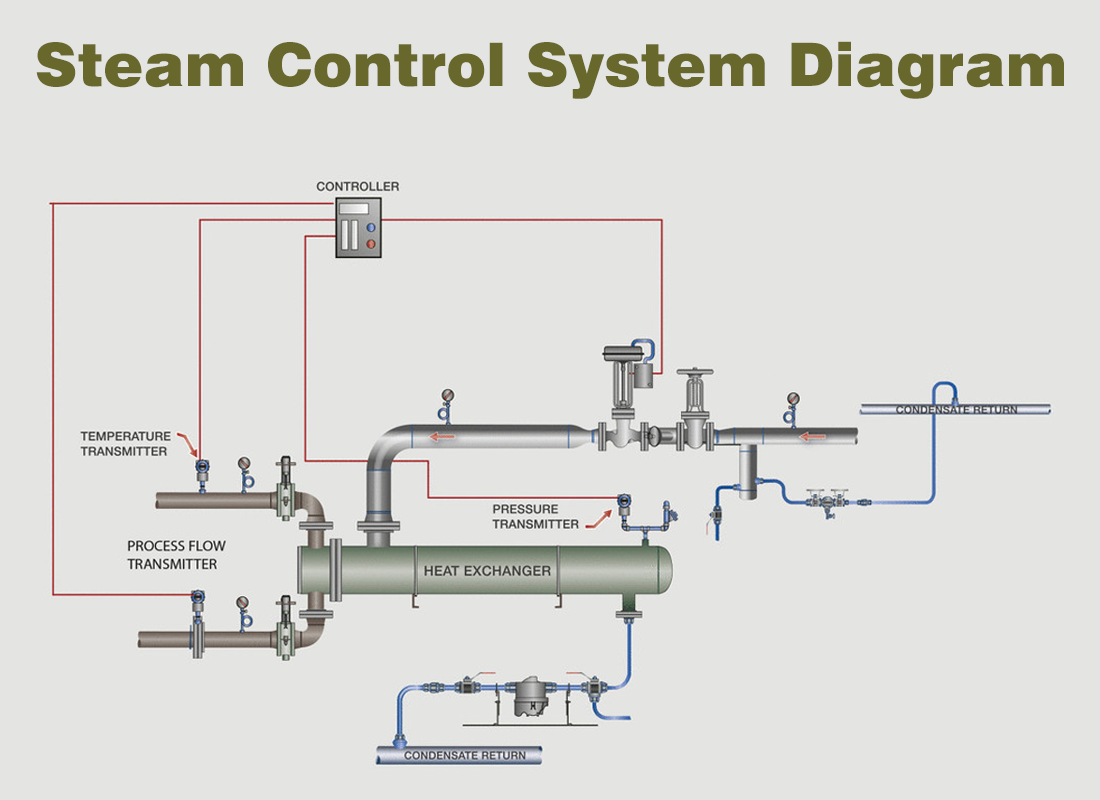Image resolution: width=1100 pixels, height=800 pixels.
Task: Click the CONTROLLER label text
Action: [358, 186]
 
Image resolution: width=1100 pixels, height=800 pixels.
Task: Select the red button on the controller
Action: [371, 244]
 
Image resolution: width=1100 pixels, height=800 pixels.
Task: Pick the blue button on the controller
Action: [371, 228]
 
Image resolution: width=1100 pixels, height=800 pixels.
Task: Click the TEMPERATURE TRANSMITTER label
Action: [124, 444]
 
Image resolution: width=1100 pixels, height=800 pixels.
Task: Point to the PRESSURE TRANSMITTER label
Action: [535, 516]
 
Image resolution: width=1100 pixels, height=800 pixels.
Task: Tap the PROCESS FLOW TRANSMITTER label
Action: [176, 555]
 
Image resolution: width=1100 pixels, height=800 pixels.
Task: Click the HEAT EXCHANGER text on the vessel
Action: [487, 571]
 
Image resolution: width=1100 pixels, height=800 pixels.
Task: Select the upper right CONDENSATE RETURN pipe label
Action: [955, 409]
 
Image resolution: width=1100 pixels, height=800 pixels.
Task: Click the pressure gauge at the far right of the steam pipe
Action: [794, 399]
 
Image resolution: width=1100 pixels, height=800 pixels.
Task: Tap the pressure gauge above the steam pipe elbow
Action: [446, 395]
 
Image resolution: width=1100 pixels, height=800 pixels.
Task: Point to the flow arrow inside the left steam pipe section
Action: [441, 436]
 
